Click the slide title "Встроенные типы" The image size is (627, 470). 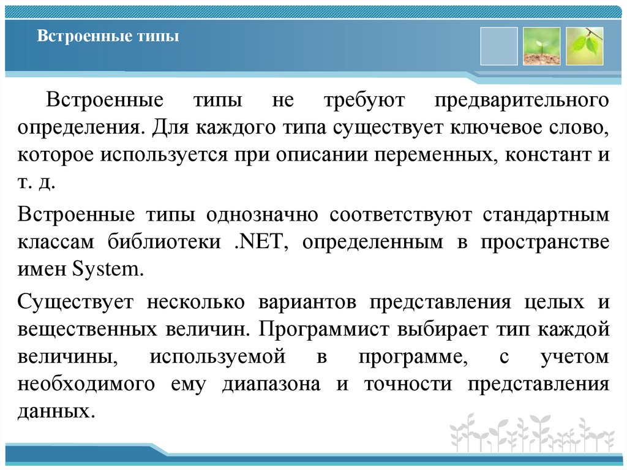pyautogui.click(x=108, y=37)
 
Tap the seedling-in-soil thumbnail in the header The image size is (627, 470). pyautogui.click(x=541, y=46)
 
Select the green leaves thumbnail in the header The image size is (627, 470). pyautogui.click(x=584, y=46)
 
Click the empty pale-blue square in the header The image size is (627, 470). pyautogui.click(x=498, y=46)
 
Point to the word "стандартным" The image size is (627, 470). pyautogui.click(x=546, y=215)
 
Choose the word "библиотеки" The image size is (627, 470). pyautogui.click(x=160, y=242)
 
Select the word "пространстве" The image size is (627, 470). pyautogui.click(x=544, y=242)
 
